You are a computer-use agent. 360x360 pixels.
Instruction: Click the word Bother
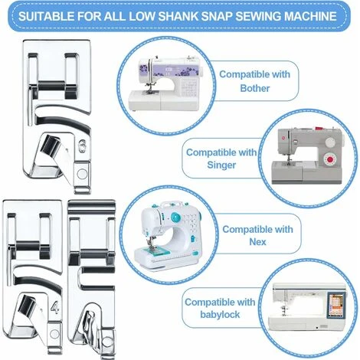255,88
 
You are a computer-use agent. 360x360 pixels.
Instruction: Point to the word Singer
221,165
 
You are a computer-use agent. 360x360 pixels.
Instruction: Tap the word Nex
257,241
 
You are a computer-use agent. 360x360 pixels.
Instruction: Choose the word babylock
220,314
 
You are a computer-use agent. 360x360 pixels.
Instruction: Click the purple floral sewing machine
165,83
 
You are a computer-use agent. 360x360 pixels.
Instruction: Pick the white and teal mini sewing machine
168,235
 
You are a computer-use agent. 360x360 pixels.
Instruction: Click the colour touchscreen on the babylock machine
335,306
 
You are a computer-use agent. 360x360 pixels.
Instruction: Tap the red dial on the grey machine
329,160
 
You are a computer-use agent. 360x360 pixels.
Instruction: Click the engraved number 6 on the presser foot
83,146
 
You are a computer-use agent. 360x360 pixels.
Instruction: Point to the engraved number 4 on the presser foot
54,307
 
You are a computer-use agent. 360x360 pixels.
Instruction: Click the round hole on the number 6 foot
82,174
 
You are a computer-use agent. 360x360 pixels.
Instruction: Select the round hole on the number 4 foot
54,334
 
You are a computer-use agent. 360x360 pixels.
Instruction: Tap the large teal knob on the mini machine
175,217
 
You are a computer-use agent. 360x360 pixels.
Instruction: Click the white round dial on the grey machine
330,142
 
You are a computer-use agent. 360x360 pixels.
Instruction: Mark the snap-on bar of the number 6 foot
52,86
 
